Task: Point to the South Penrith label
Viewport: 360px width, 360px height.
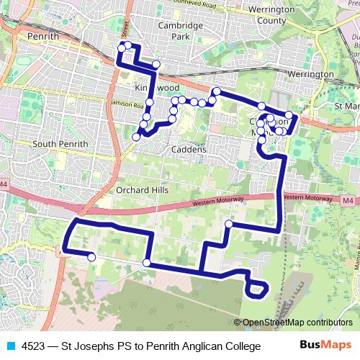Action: pyautogui.click(x=60, y=144)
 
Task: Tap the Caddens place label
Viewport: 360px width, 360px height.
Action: pyautogui.click(x=189, y=150)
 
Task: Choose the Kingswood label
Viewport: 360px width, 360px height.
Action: pyautogui.click(x=156, y=87)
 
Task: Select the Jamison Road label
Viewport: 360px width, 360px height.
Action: pyautogui.click(x=109, y=104)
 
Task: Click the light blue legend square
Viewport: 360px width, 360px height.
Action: pyautogui.click(x=10, y=346)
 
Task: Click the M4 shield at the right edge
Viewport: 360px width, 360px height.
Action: pyautogui.click(x=348, y=200)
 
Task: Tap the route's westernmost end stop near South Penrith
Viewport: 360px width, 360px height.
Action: pyautogui.click(x=91, y=257)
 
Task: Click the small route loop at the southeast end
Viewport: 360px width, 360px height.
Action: pyautogui.click(x=256, y=289)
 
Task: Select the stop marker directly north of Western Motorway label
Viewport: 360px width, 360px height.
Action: pyautogui.click(x=228, y=224)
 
